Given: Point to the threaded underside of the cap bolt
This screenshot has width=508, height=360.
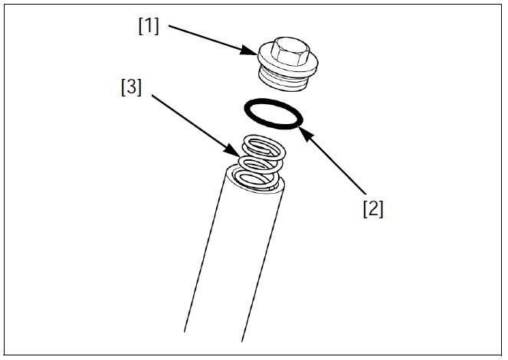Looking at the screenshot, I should pyautogui.click(x=288, y=77).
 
